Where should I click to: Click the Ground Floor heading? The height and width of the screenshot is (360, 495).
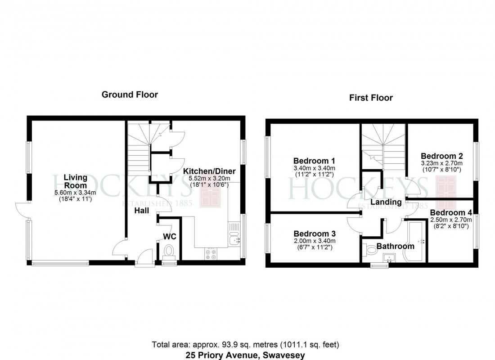[130, 94]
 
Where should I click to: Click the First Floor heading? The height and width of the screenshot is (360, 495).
[371, 98]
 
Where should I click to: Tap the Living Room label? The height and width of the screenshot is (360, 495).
[75, 181]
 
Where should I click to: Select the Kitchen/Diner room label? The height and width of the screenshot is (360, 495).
[209, 171]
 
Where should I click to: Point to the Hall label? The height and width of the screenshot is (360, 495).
[142, 210]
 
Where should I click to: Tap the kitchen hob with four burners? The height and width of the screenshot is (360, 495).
[211, 254]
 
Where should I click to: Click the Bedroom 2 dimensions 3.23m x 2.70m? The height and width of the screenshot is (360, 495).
[441, 163]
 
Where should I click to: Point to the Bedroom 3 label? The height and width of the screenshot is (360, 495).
[314, 234]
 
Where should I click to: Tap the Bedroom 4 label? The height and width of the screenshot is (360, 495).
[450, 212]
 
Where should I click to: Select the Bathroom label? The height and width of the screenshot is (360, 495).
[395, 246]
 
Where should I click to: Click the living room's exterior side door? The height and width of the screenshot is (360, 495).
[22, 210]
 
